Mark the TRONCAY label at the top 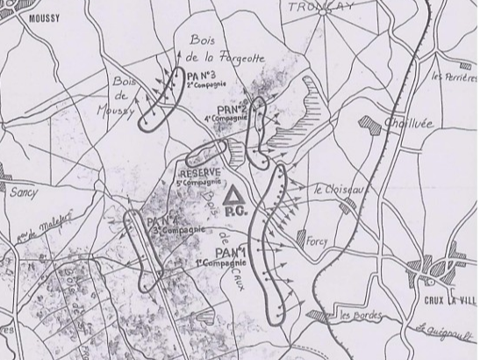coord(319,7)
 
